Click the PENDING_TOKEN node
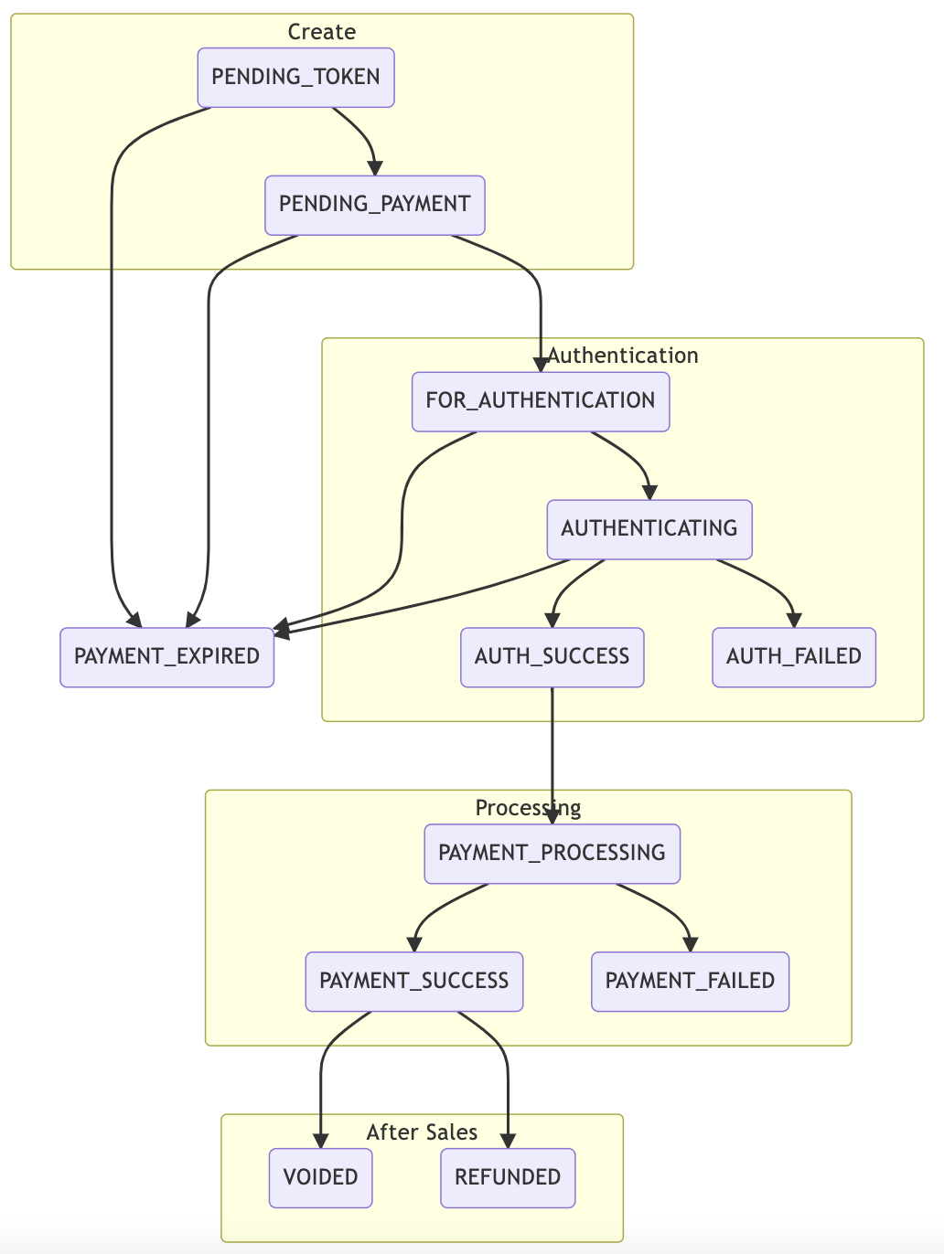click(295, 78)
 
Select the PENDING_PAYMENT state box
click(374, 205)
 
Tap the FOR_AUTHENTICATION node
click(541, 401)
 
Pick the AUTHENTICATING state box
click(649, 529)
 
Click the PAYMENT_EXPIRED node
click(166, 657)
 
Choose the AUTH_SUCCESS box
click(552, 657)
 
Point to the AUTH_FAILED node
click(793, 657)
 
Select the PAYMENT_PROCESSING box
click(552, 854)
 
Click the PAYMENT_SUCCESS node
click(413, 982)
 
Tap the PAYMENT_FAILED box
click(690, 982)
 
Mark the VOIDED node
click(320, 1177)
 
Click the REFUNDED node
click(508, 1177)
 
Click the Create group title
click(321, 32)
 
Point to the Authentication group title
click(623, 356)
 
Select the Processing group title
click(528, 808)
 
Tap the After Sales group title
click(422, 1132)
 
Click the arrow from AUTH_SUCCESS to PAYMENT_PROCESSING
click(552, 749)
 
